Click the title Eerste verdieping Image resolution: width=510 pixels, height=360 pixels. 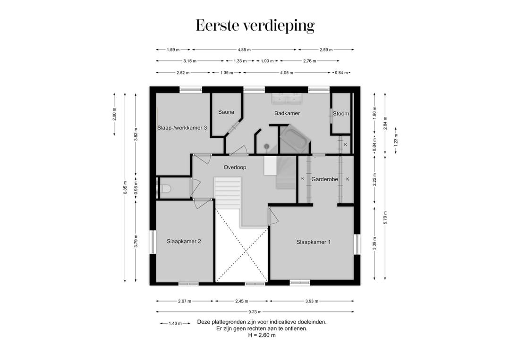[x=255, y=26]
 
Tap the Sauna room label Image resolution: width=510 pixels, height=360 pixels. [x=226, y=112]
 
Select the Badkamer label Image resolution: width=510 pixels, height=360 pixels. [x=287, y=113]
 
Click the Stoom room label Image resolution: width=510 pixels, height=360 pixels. [x=341, y=113]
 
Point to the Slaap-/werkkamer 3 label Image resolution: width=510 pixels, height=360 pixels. [x=182, y=128]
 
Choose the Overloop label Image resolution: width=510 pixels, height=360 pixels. [x=235, y=167]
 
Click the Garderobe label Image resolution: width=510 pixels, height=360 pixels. [x=324, y=179]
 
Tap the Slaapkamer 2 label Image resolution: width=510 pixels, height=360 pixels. [x=184, y=242]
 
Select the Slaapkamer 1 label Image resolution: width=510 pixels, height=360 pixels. [x=314, y=242]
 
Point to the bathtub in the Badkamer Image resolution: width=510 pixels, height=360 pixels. [x=294, y=140]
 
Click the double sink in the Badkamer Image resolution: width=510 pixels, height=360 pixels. [x=287, y=98]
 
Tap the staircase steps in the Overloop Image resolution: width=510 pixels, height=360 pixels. [x=227, y=193]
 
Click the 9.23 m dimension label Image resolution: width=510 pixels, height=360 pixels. [x=255, y=312]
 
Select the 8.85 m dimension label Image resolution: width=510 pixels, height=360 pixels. [x=125, y=187]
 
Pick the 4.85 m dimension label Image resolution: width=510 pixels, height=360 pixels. [x=244, y=50]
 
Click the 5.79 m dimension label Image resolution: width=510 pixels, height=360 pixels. [x=385, y=218]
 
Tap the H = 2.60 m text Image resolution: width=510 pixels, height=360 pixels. [x=262, y=335]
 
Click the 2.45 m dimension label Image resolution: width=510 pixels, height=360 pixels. [x=242, y=301]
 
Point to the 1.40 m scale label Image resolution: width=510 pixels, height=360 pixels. [x=175, y=323]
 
